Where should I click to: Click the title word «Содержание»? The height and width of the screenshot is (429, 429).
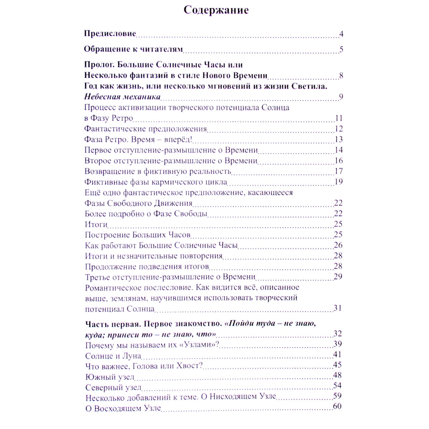(x=216, y=10)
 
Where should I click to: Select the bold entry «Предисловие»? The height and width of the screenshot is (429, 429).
(x=110, y=33)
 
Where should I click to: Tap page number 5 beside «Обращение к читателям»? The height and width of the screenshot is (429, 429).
(x=341, y=49)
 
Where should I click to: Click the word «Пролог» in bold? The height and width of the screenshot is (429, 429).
(x=99, y=65)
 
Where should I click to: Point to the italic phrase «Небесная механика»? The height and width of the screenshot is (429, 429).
(x=122, y=96)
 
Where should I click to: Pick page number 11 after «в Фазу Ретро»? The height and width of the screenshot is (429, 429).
(x=339, y=118)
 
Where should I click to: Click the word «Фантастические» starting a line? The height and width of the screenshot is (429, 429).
(x=115, y=129)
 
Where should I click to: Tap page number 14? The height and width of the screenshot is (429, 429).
(x=339, y=150)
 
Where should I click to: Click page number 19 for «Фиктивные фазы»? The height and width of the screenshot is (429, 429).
(x=339, y=182)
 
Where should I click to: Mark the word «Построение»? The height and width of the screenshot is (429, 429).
(x=107, y=235)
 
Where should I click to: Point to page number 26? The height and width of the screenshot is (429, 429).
(x=338, y=245)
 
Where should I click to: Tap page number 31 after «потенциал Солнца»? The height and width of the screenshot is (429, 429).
(x=338, y=308)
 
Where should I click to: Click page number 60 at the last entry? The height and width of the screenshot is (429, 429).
(x=337, y=406)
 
